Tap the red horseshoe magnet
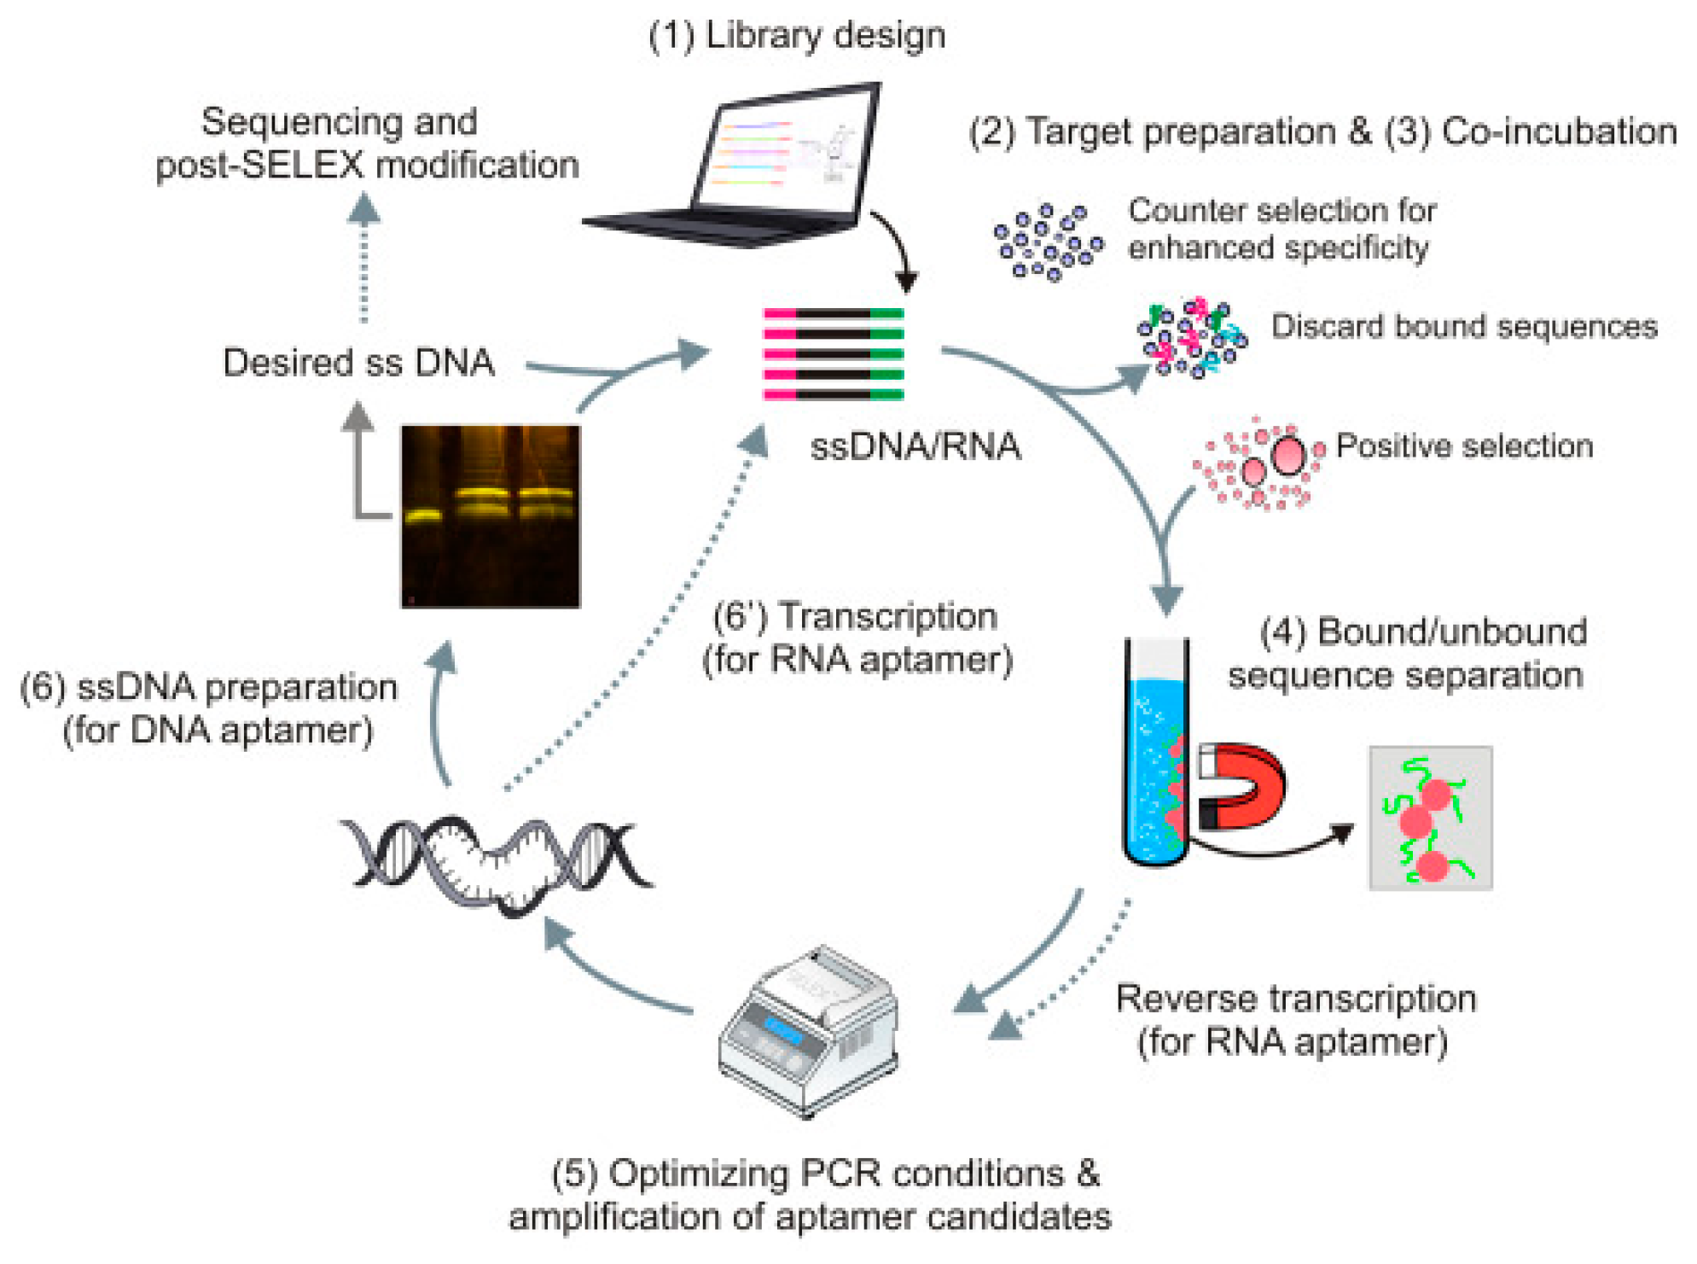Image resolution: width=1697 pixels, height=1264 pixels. (1241, 786)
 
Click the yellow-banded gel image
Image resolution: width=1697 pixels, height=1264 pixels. (491, 516)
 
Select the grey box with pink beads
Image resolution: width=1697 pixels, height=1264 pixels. (1430, 818)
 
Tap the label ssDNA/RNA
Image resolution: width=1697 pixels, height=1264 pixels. (915, 446)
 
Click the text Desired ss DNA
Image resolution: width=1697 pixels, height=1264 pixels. (358, 363)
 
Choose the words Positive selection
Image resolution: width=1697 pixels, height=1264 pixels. (1464, 446)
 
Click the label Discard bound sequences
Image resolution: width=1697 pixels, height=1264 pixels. (1464, 327)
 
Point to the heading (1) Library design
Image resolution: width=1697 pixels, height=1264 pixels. (797, 36)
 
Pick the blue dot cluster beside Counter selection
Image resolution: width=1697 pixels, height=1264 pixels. (1048, 242)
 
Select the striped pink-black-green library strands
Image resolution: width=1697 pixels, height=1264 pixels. (834, 354)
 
